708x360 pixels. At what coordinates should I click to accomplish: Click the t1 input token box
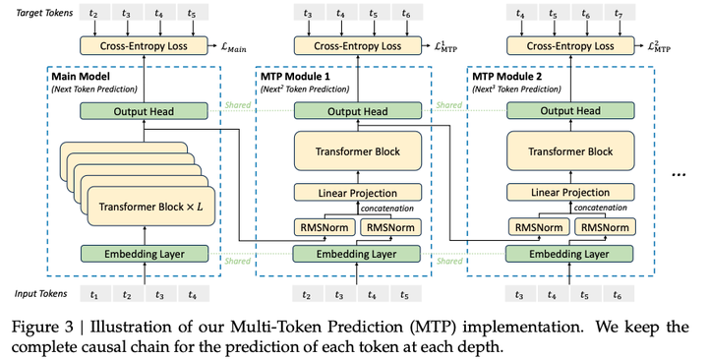[95, 294]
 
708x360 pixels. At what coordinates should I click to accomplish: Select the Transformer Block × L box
[150, 208]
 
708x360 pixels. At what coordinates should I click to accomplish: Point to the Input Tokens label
[39, 294]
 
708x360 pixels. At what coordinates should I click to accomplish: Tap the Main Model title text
[81, 76]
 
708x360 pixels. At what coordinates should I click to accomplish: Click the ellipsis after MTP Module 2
[678, 172]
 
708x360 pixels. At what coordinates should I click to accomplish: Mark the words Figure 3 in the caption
[40, 326]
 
